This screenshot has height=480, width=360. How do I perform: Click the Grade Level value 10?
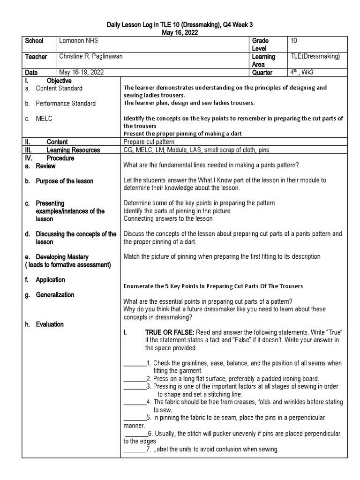[x=294, y=41]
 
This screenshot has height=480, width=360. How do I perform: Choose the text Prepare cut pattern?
[x=149, y=142]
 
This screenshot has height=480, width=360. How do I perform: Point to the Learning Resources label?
[x=73, y=150]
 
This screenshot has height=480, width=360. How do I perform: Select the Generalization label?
[x=55, y=294]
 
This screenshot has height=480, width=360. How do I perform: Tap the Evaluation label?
[x=50, y=324]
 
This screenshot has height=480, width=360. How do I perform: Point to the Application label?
[x=50, y=280]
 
